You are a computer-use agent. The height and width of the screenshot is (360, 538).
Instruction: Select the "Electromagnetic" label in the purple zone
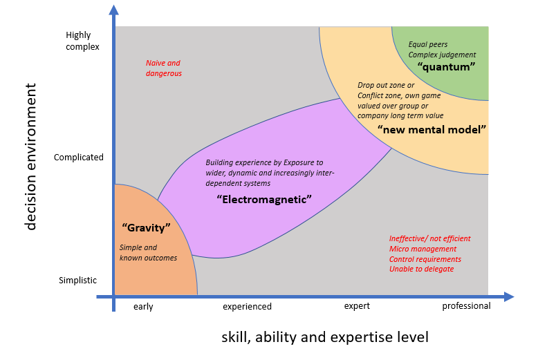[264, 199]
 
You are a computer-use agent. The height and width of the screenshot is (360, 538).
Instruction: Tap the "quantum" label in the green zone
[447, 67]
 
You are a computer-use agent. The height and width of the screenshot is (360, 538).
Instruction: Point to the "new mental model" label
[432, 129]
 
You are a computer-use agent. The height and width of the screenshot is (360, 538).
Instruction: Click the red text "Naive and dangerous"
[163, 68]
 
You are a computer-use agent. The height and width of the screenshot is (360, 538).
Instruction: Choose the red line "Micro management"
[423, 249]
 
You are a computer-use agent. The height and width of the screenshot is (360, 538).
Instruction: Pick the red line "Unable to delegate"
[421, 269]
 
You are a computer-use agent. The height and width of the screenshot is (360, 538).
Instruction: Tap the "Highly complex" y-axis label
[83, 41]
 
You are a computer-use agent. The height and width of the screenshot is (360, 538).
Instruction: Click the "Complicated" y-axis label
[79, 157]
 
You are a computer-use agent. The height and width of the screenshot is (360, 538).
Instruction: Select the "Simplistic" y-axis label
[77, 280]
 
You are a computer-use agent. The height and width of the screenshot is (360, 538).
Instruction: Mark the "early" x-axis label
[143, 306]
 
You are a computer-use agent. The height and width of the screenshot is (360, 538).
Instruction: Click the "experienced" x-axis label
[247, 306]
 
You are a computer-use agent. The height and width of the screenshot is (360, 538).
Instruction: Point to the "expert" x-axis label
[357, 305]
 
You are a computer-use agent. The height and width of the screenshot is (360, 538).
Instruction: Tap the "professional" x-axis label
[466, 305]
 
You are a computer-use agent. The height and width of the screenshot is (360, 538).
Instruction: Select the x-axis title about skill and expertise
[324, 337]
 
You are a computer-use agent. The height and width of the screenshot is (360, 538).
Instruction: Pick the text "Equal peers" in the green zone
[429, 44]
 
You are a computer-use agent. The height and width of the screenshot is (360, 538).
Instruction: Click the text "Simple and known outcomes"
[148, 253]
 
